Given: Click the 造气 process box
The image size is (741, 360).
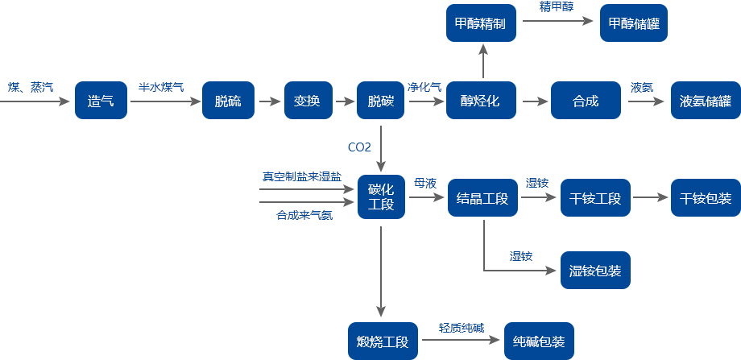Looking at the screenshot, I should pyautogui.click(x=101, y=101).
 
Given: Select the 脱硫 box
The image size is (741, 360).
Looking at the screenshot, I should pyautogui.click(x=227, y=101).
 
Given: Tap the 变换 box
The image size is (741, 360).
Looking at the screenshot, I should pyautogui.click(x=308, y=101).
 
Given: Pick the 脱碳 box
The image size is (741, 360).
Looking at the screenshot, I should pyautogui.click(x=381, y=101).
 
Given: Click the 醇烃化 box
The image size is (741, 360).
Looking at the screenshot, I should pyautogui.click(x=481, y=101).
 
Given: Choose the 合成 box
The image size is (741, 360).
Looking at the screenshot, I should pyautogui.click(x=586, y=101).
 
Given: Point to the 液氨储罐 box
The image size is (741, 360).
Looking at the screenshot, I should pyautogui.click(x=706, y=101).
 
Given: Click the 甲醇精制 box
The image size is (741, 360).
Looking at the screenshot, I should pyautogui.click(x=481, y=23).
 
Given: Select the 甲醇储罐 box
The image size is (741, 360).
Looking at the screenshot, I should pyautogui.click(x=633, y=23).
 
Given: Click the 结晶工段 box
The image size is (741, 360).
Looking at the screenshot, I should pyautogui.click(x=482, y=197).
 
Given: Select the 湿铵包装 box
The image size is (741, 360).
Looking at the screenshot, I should pyautogui.click(x=595, y=271).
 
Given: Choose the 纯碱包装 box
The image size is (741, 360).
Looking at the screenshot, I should pyautogui.click(x=539, y=341).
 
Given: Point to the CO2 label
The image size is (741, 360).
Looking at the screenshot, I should pyautogui.click(x=359, y=147).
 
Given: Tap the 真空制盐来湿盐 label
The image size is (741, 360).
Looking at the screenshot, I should pyautogui.click(x=302, y=176).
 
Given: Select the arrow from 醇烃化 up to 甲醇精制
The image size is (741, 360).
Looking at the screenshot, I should pyautogui.click(x=483, y=61).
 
